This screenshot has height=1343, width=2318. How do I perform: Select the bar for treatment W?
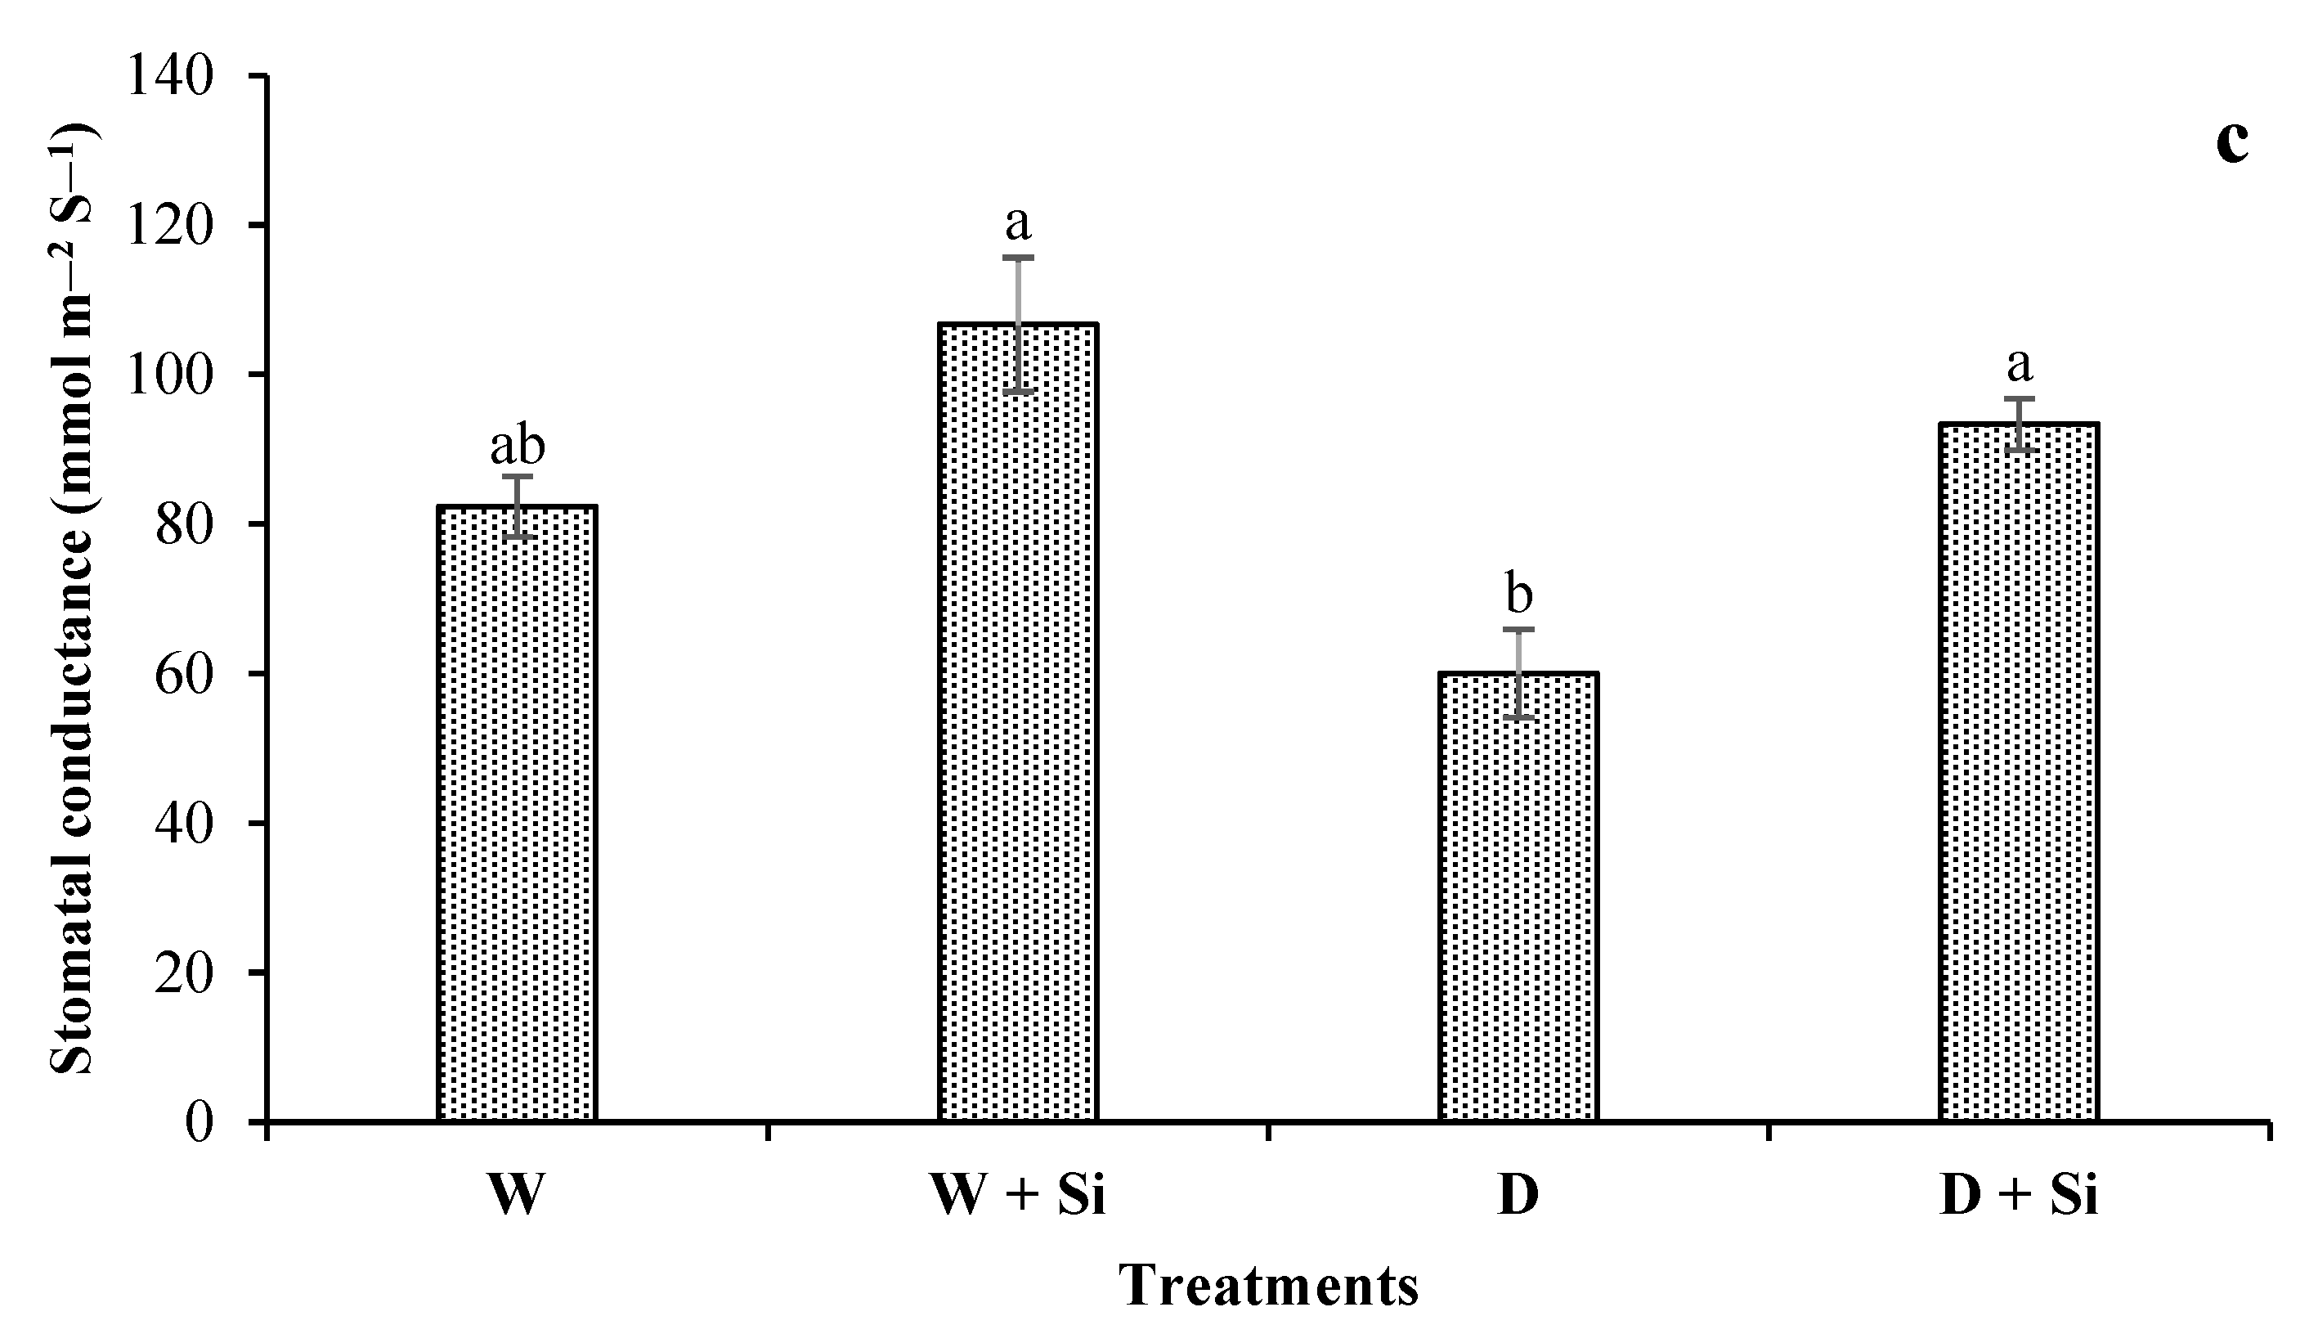[517, 814]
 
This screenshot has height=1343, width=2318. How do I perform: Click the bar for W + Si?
[1018, 722]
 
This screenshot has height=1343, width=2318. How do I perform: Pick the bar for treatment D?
[1518, 897]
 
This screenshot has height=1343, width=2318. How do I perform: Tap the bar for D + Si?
[2020, 773]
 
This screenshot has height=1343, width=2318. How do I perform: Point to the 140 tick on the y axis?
[170, 75]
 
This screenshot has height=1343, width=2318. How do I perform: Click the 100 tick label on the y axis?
[170, 375]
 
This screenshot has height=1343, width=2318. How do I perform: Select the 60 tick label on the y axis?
[184, 674]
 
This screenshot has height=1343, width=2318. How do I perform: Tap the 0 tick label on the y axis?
[199, 1123]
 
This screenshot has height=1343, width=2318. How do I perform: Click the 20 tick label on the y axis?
[184, 973]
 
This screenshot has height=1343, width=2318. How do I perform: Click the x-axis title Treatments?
[1268, 1286]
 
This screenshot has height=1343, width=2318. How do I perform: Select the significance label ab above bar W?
[517, 446]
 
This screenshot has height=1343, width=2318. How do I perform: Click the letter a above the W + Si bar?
[1018, 222]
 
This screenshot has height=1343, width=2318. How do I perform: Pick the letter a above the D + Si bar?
[2020, 365]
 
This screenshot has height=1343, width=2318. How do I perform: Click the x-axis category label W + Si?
[1018, 1197]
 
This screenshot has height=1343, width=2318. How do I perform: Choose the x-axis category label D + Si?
[2020, 1197]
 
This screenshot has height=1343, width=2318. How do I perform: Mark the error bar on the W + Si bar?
[1018, 324]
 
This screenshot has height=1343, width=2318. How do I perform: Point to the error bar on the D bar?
[1518, 673]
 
